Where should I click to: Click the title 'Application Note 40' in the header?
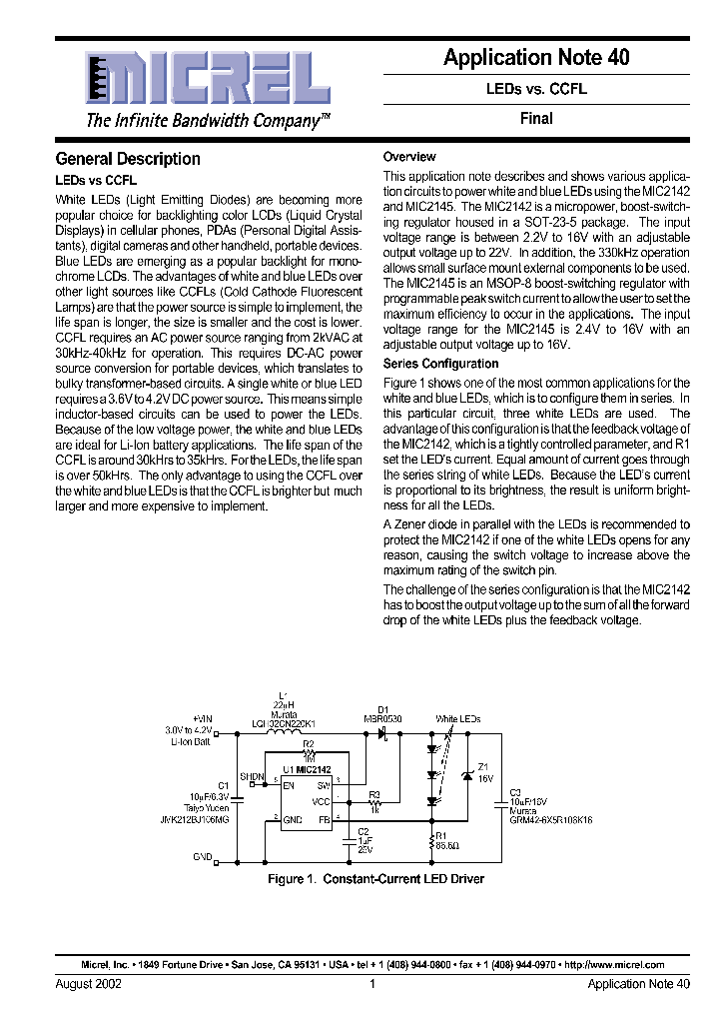point(536,58)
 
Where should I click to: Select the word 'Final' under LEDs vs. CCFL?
point(536,118)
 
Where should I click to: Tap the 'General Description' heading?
point(128,159)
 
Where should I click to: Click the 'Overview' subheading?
point(409,157)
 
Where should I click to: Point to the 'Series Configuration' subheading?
point(440,364)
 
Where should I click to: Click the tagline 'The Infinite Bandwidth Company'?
point(208,121)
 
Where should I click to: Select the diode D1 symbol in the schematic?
point(382,732)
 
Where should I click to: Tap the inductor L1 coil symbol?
point(290,731)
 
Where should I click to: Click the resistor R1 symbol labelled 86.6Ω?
point(432,839)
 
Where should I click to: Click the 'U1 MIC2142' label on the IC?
point(306,770)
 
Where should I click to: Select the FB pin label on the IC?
point(323,819)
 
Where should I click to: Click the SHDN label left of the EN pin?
point(253,776)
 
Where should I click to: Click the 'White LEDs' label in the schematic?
point(457,718)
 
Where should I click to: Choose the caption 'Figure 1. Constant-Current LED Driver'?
point(375,879)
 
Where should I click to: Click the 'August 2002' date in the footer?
point(88,984)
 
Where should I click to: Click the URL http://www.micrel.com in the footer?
point(614,965)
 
